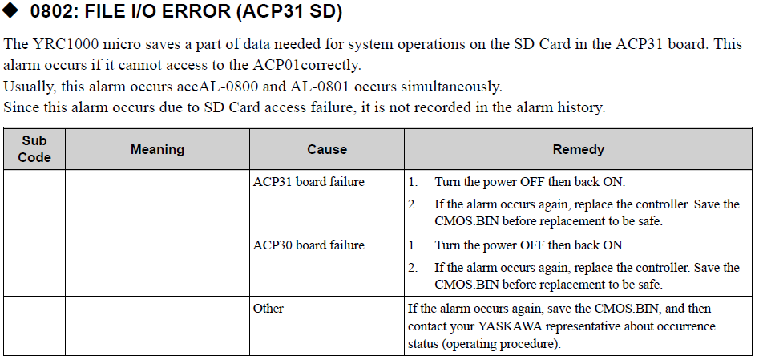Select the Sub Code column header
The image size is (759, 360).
pos(34,149)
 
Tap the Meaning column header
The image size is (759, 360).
pos(157,149)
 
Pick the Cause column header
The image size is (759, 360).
pos(327,149)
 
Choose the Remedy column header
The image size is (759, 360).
pos(578,149)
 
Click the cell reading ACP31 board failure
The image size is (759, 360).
pos(309,182)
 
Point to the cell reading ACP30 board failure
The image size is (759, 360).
pos(309,245)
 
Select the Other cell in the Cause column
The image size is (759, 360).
pos(268,308)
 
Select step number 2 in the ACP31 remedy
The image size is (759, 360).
pos(413,204)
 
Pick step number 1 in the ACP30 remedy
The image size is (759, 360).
pos(413,245)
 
